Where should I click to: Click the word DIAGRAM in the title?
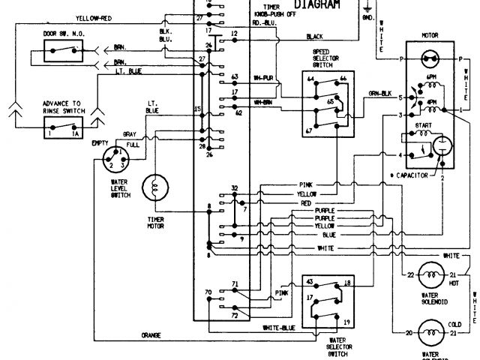coord(316,5)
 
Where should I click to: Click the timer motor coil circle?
coord(156,187)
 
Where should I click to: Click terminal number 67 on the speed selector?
coord(308,130)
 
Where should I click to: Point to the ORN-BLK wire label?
coord(379,94)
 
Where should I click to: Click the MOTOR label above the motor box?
coord(430,34)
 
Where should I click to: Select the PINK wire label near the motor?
coord(306,184)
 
